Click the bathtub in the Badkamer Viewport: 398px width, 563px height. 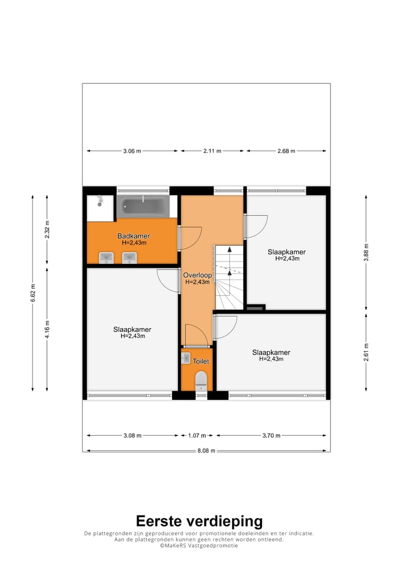tap(143, 207)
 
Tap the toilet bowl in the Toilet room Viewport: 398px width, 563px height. tap(201, 381)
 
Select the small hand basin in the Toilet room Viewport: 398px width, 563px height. tap(186, 358)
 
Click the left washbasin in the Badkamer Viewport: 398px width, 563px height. tap(106, 258)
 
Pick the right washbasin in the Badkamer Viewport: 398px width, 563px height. tap(129, 258)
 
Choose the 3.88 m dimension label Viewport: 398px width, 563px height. tap(365, 252)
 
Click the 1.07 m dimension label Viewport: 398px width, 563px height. tap(197, 435)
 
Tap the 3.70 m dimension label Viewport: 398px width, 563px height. tap(271, 435)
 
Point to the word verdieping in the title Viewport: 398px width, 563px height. tap(228, 521)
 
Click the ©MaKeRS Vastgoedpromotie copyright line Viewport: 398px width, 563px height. tap(199, 545)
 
